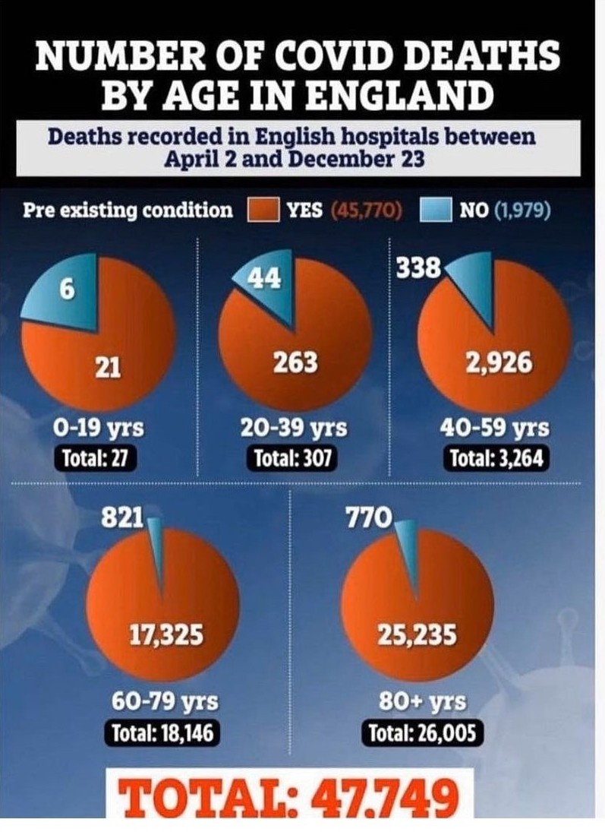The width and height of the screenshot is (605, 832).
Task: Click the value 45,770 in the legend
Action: [x=367, y=210]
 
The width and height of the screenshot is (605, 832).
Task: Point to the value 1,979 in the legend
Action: [x=522, y=210]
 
